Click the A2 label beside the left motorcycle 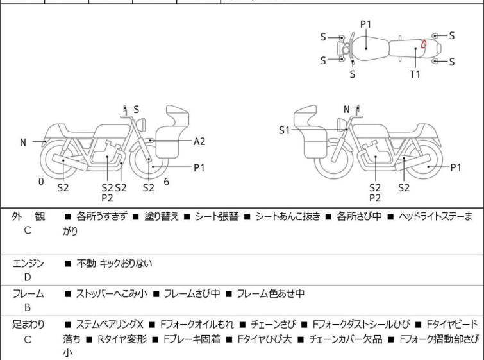(199, 141)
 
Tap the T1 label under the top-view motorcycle (415, 74)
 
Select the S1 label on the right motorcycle (285, 130)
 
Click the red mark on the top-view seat (424, 44)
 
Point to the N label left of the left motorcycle (23, 142)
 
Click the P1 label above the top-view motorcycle (365, 24)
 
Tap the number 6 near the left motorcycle (166, 182)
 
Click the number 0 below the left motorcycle (41, 182)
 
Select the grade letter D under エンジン (27, 277)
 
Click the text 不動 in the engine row (86, 263)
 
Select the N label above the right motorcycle (347, 110)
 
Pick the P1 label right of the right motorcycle (455, 167)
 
